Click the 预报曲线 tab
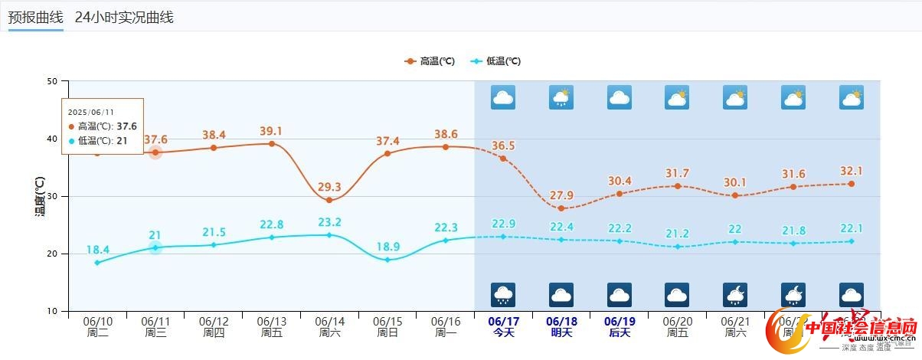[35, 18]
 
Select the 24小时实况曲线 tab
[124, 18]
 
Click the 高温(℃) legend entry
[430, 61]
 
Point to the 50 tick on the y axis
[53, 81]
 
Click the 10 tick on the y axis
[53, 311]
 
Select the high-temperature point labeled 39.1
[271, 143]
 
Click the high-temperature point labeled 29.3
[329, 200]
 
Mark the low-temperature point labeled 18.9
[387, 260]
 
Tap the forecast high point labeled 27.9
[561, 208]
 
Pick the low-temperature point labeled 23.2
[329, 234]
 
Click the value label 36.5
[503, 146]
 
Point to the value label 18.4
[97, 249]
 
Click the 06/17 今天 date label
[503, 327]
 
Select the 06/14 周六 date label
[329, 327]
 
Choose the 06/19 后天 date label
[620, 327]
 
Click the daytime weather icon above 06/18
[561, 98]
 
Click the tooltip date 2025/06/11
[91, 112]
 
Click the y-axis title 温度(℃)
[40, 195]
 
